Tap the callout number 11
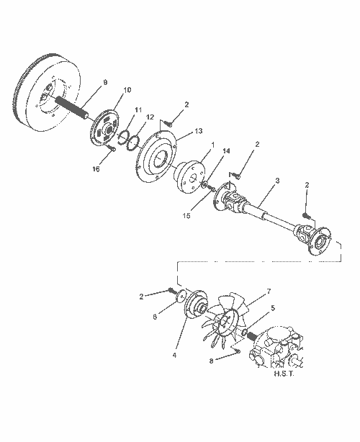click(138, 109)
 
